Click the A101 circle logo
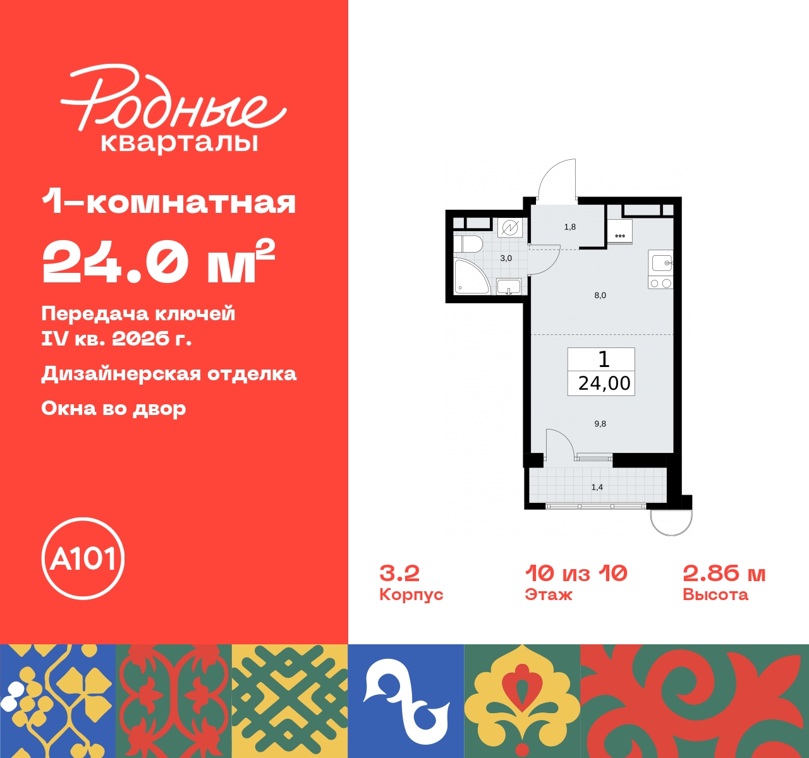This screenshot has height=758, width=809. tap(83, 558)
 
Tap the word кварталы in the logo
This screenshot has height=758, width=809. tap(179, 142)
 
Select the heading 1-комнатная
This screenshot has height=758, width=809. tap(169, 202)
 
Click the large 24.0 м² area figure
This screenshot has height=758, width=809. tap(159, 262)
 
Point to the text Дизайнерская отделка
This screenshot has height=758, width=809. tap(169, 374)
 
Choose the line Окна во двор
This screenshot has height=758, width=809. tap(114, 409)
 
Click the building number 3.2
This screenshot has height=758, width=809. tap(399, 573)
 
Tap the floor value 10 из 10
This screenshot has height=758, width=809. tap(576, 573)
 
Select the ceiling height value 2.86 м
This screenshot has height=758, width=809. tap(724, 573)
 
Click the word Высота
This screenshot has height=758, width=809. tap(715, 594)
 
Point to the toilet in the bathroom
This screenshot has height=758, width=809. tap(468, 244)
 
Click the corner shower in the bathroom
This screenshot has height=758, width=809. tap(470, 277)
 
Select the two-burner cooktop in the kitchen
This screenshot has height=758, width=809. tap(660, 283)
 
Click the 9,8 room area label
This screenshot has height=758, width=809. tap(600, 424)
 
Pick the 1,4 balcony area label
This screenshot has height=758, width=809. tap(597, 487)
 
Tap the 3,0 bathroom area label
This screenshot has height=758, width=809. tap(506, 258)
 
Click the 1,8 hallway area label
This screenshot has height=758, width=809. tap(569, 227)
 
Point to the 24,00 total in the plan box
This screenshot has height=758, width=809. tap(604, 383)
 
